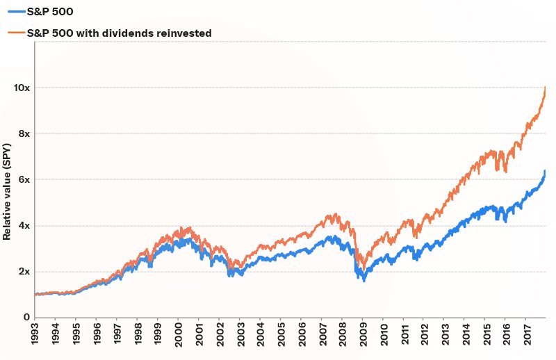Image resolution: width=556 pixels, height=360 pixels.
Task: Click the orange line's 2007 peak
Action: [336, 215]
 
